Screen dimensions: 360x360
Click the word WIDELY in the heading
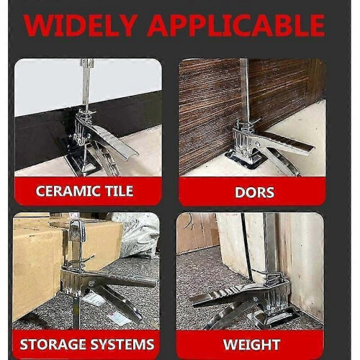(x=81, y=25)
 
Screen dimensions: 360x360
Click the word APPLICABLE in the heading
(x=236, y=25)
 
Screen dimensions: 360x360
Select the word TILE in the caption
(x=119, y=192)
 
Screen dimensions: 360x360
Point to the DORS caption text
(x=254, y=192)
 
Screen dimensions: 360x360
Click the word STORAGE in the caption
(x=53, y=344)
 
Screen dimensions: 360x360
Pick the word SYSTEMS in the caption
(x=122, y=344)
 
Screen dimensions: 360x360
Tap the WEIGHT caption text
(x=251, y=345)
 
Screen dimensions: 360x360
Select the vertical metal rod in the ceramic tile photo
(x=86, y=85)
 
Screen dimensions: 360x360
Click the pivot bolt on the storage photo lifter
(x=91, y=284)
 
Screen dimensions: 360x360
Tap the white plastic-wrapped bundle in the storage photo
(x=137, y=235)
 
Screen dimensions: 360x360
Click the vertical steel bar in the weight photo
(x=270, y=245)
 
